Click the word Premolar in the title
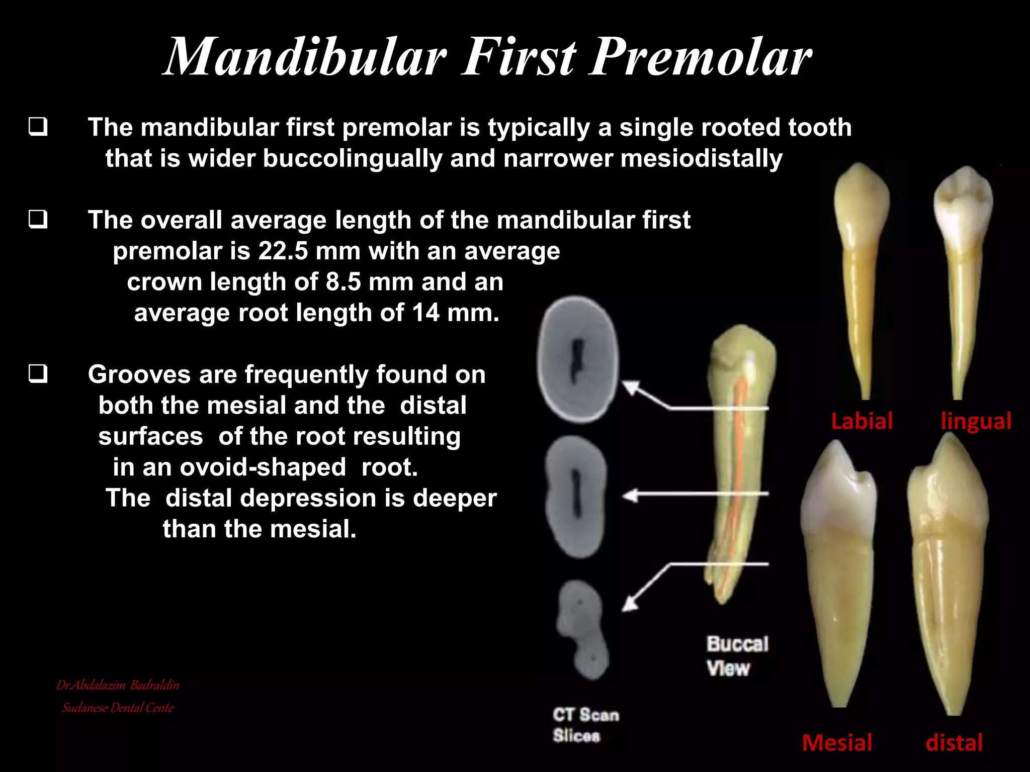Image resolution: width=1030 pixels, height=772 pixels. coord(700,58)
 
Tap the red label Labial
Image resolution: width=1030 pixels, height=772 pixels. coord(862,421)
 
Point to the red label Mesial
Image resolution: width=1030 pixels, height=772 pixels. coord(837,743)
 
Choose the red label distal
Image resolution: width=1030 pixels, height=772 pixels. coord(954,743)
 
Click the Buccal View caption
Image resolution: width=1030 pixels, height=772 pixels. coord(737,656)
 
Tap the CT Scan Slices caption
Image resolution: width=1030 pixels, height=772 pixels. coord(585,725)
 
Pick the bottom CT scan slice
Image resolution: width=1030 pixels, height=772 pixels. coord(583,629)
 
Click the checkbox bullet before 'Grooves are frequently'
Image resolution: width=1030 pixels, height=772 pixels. coord(38,374)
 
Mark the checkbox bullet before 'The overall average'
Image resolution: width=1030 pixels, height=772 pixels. coord(38,220)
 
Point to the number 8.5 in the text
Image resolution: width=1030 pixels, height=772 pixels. coord(343,282)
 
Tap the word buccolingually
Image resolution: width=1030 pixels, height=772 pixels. coord(352,159)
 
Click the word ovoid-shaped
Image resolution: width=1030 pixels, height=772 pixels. coord(263,468)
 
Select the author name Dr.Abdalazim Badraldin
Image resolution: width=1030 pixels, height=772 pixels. coord(118,685)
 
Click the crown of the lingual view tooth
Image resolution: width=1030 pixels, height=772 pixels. coord(963,201)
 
